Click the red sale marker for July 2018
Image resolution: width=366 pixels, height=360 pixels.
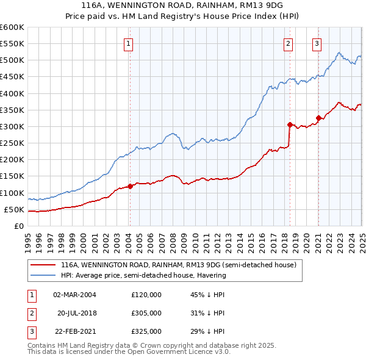coord(290,124)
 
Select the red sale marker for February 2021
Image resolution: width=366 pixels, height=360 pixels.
coord(318,118)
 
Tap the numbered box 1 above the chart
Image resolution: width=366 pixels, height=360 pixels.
coord(129,43)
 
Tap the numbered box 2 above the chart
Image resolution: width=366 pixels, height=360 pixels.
coord(288,43)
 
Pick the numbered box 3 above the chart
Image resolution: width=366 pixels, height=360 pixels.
coord(317,43)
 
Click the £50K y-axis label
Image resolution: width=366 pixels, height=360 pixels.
coord(15,209)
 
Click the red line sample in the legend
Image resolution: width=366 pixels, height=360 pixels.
coord(43,265)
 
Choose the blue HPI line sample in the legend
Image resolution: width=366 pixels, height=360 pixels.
coord(43,275)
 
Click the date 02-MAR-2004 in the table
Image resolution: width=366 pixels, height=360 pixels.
coord(74,295)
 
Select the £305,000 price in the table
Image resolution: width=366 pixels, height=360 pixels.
coord(146,313)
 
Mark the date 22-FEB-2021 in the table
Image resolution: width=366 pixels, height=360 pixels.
coord(74,331)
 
